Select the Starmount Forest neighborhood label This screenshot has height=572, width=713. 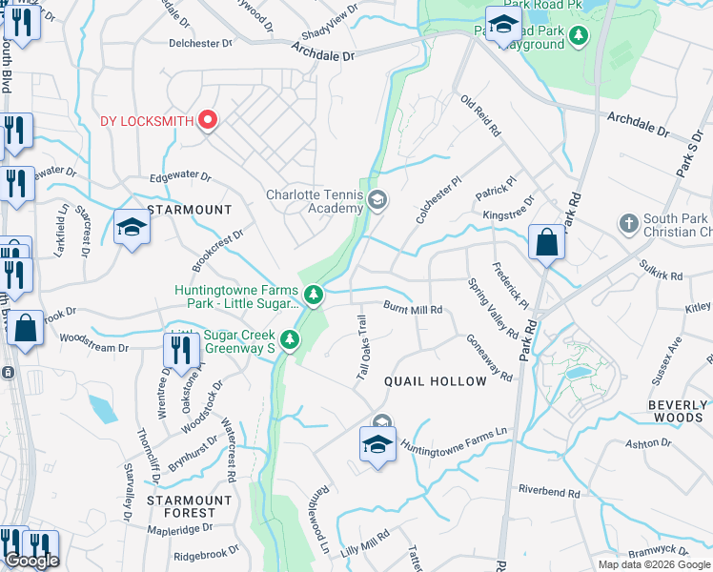coord(189,506)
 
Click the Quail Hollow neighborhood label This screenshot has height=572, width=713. coord(435,381)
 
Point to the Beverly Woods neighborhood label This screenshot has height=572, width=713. coord(678,411)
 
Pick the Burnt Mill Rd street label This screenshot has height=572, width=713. coord(413,310)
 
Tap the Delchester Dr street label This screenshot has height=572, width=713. coord(200,43)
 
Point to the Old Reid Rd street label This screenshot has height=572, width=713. coord(480,115)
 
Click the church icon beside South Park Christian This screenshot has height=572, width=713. coord(627,223)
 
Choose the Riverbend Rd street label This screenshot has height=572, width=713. coord(548,492)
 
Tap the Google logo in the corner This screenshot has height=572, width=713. coord(31,561)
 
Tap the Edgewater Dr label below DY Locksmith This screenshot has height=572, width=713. coord(180,177)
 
